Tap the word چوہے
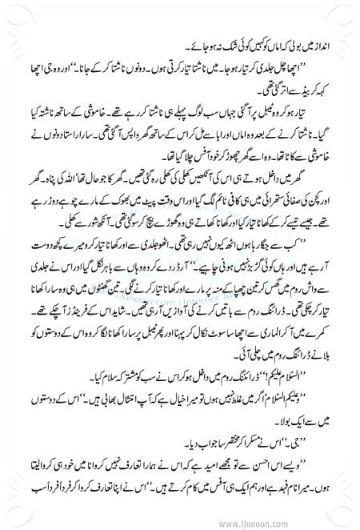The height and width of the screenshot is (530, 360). pyautogui.click(x=63, y=222)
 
